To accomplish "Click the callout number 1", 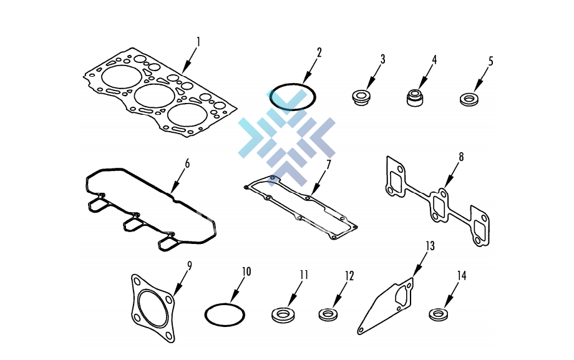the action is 198,42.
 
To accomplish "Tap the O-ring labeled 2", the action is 292,85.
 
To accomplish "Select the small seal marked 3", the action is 361,98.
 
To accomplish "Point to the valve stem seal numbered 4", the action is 415,97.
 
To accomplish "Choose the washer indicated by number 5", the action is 469,100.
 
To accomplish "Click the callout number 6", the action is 187,163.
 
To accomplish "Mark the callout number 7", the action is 328,165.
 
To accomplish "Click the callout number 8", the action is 461,157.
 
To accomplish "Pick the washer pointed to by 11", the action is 283,315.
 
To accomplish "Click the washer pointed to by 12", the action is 328,315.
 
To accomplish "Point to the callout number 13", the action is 430,246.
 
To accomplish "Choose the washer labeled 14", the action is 439,314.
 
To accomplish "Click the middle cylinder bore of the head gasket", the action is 155,95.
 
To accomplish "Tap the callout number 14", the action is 462,276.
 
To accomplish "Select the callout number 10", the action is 246,271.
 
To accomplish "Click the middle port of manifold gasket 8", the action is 439,205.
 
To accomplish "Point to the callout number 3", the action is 383,59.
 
